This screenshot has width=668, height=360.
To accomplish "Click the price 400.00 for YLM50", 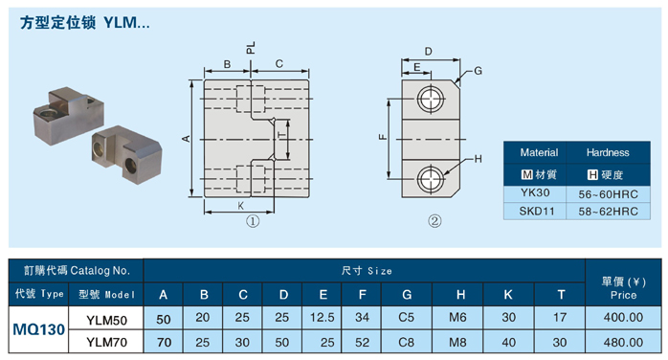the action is pos(623,318).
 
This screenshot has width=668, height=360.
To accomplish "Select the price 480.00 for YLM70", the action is pos(623,342).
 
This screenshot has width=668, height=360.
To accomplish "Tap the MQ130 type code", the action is pos(39,329).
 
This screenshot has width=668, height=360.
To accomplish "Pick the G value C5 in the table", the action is pos(406,318).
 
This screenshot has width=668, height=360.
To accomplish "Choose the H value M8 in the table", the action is pos(457,342).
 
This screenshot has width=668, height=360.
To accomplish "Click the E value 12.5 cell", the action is pos(323,318).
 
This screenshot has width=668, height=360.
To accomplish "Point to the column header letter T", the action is pos(561,294).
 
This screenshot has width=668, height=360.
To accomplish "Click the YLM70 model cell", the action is pos(106,342).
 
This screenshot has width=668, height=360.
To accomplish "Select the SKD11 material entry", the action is pos(536,211).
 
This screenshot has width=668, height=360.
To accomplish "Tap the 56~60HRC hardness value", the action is pos(608,194).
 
